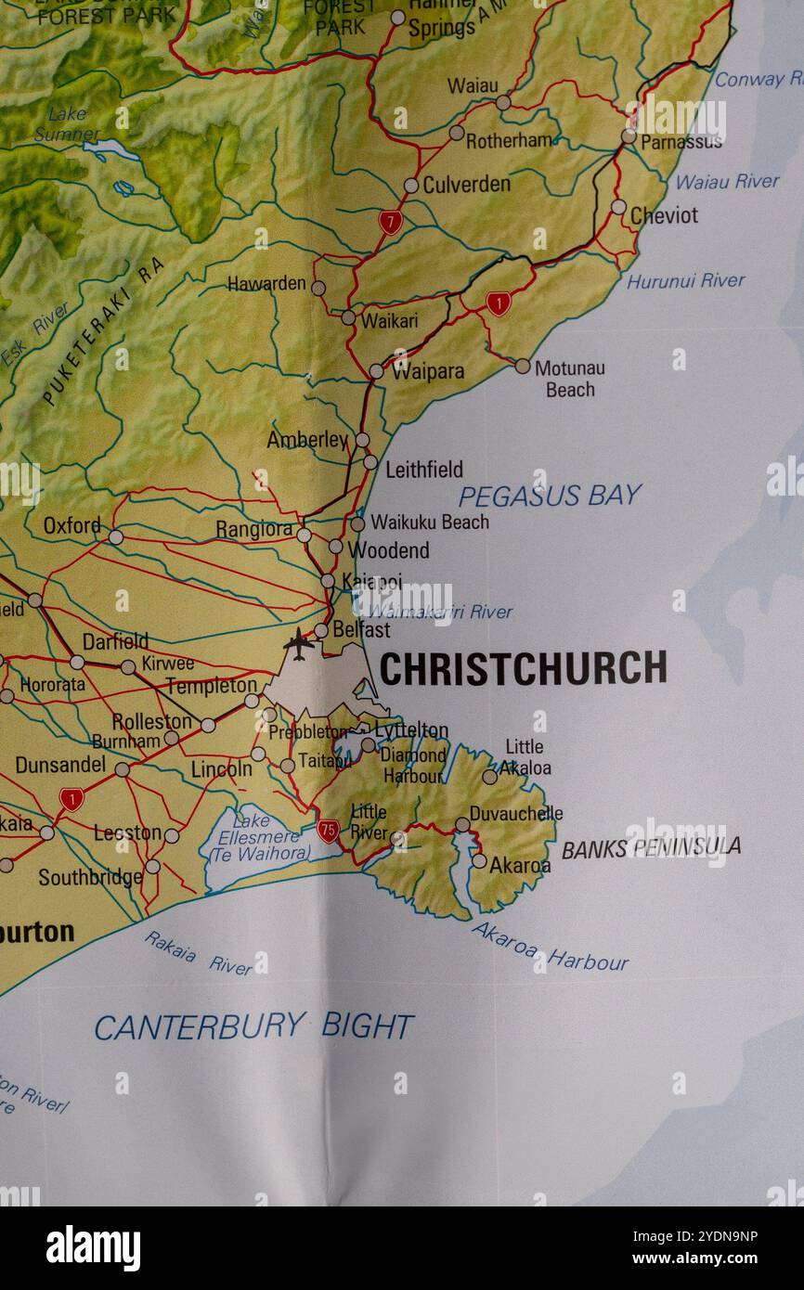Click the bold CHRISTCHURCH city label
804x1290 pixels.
(x=523, y=668)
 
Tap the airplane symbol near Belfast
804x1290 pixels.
(x=298, y=642)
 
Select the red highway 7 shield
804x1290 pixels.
(x=390, y=222)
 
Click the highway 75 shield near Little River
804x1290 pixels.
(x=328, y=831)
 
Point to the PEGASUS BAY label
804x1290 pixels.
(x=550, y=496)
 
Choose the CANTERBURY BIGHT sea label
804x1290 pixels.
(x=253, y=1026)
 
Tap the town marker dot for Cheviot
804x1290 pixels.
(x=617, y=207)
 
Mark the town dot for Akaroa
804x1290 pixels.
(x=478, y=861)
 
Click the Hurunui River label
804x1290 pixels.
(x=685, y=280)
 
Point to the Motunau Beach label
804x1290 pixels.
(x=569, y=379)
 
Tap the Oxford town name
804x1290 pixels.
(x=71, y=525)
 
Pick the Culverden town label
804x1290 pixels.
(x=466, y=185)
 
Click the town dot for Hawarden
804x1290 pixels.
(x=318, y=288)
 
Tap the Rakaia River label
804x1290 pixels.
(x=198, y=953)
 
